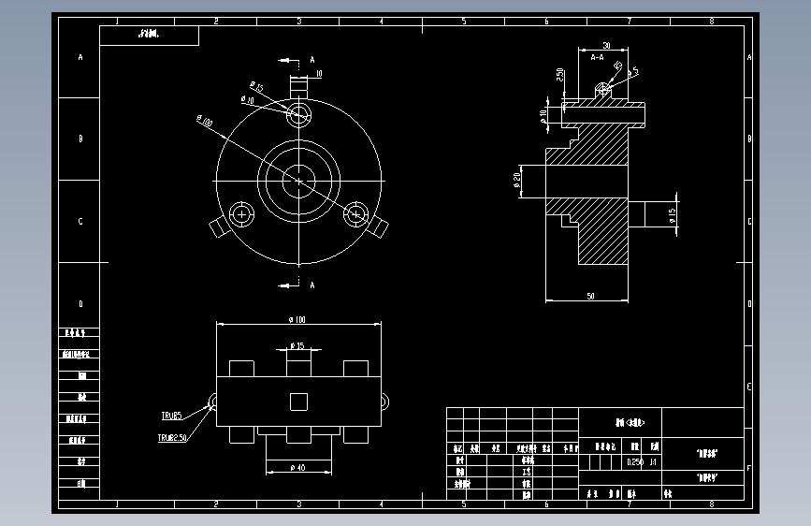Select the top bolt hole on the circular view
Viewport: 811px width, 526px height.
point(299,114)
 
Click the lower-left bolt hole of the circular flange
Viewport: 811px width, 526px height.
point(242,214)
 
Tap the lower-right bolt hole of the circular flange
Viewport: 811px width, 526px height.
point(355,214)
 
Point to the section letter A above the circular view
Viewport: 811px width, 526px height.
point(312,60)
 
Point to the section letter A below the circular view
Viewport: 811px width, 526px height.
point(312,284)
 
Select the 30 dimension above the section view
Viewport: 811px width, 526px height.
point(606,45)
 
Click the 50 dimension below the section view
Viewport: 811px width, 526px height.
point(590,296)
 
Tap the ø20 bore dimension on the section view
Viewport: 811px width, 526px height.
point(517,180)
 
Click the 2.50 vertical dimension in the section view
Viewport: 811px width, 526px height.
point(560,75)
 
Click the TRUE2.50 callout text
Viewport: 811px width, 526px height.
point(172,437)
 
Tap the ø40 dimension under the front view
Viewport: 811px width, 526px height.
point(299,467)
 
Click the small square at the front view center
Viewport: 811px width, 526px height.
point(298,401)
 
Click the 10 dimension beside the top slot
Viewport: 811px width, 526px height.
point(319,73)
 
